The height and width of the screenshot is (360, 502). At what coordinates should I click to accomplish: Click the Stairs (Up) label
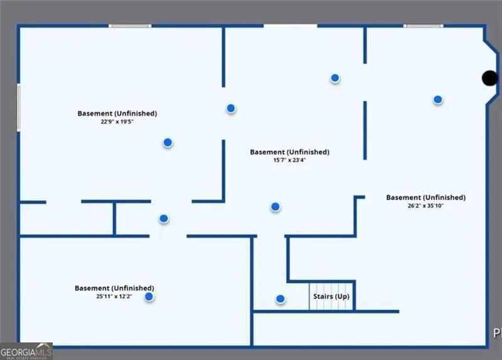coord(331,296)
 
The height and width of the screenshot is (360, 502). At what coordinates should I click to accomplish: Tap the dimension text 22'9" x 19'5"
coord(117,122)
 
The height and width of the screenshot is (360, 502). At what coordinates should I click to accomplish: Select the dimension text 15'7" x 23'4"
coord(289,160)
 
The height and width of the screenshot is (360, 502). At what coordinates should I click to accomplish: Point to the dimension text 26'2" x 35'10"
coord(425,206)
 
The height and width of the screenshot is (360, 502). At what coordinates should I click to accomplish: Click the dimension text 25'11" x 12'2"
coord(114,296)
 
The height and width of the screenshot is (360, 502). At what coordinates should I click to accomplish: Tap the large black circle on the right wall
coord(490,78)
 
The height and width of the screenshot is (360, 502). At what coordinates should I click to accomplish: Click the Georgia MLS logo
coord(26,351)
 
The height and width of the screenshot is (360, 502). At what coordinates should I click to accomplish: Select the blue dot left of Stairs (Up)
coord(280,299)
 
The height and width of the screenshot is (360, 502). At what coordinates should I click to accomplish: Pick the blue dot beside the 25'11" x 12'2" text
coord(149,297)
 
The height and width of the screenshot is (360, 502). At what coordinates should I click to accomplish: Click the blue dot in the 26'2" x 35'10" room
coord(437,100)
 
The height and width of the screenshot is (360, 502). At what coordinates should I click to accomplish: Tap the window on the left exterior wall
coord(19,107)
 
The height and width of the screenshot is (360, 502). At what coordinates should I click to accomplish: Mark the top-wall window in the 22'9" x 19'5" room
coord(130,26)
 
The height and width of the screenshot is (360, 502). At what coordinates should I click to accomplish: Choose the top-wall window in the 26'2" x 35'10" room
coord(423,26)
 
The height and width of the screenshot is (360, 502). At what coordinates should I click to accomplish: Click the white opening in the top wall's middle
coord(291,26)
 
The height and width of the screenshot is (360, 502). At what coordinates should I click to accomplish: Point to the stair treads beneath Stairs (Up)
coord(331,296)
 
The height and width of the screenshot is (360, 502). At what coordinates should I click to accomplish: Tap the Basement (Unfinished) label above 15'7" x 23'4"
coord(289,152)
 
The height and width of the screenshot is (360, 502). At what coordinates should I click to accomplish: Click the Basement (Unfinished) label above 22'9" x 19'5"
coord(117,114)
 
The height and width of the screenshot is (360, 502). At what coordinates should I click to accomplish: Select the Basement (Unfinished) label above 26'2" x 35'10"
coord(426,198)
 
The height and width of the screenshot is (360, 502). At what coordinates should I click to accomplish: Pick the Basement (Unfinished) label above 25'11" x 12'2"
coord(114,288)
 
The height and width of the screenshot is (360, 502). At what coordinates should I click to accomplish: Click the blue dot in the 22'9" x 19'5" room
coord(168,142)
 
